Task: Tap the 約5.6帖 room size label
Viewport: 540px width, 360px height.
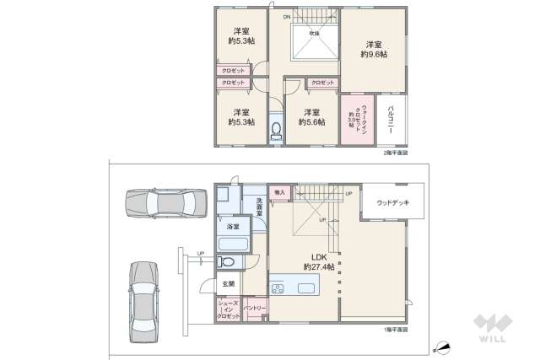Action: [311, 121]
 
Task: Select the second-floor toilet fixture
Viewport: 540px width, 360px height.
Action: [276, 131]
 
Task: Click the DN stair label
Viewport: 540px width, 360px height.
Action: [287, 17]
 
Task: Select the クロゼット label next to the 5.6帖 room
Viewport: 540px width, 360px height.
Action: [321, 83]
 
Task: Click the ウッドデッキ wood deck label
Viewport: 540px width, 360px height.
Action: [392, 202]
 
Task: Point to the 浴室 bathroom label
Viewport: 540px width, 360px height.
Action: [231, 226]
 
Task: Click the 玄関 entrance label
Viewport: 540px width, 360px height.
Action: [229, 284]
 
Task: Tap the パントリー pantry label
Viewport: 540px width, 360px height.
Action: [256, 309]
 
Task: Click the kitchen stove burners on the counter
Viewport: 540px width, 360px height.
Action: [279, 288]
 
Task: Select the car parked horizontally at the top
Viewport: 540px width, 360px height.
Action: [166, 203]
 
